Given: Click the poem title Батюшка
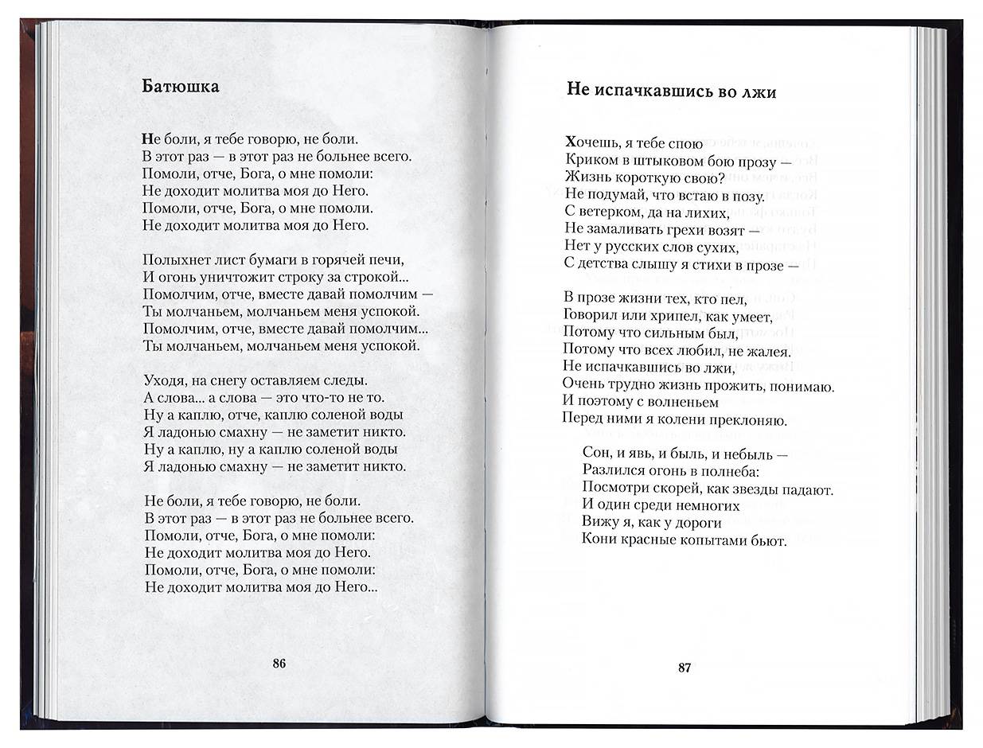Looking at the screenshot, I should [x=180, y=86].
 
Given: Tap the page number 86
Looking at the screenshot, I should [x=279, y=663].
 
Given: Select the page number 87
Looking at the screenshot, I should [x=685, y=667].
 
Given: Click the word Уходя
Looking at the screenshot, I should [x=164, y=380].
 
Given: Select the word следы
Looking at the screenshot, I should [x=342, y=380].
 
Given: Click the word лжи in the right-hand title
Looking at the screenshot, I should [x=760, y=92].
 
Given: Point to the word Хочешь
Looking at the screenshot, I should [x=591, y=143].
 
